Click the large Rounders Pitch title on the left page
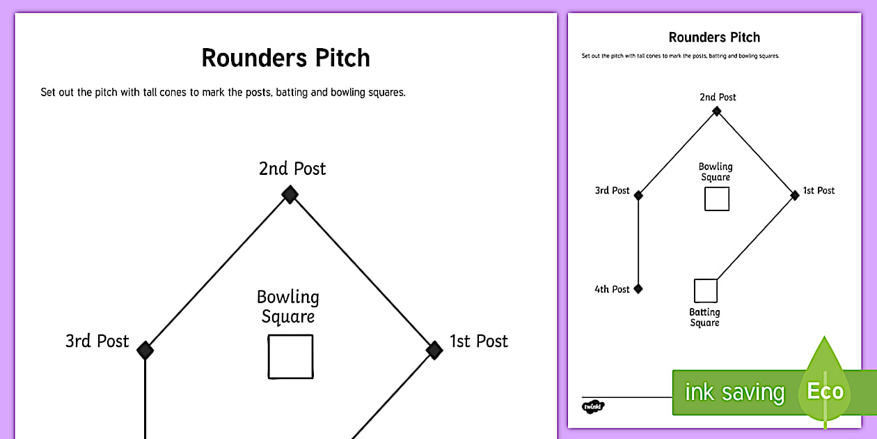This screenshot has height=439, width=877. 285,58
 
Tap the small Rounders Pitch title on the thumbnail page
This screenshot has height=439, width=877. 714,38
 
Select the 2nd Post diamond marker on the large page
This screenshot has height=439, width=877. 290,194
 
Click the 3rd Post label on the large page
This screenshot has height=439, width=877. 97,341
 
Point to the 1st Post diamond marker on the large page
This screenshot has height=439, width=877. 434,349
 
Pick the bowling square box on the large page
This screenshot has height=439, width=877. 290,357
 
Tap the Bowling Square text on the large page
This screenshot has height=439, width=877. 288,307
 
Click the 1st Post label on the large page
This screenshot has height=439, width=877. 479,341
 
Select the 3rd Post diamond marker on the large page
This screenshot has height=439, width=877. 145,350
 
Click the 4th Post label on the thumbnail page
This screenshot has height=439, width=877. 612,289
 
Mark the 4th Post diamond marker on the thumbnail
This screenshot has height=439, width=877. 638,288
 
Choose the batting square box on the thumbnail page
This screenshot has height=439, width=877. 705,291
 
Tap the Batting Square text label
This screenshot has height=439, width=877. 704,318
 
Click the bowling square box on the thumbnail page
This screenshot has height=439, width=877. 716,199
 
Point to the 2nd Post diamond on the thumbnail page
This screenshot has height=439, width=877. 717,110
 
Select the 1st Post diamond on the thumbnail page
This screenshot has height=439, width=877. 795,196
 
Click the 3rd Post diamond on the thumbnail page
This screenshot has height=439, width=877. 638,196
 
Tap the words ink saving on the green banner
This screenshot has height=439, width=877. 734,392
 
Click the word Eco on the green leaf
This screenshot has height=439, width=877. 825,391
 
